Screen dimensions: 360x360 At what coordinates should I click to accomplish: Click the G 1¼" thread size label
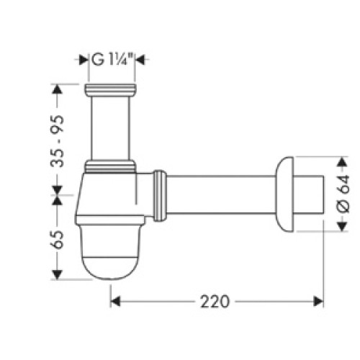112,60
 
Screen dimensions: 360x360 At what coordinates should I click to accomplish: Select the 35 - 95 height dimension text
58,141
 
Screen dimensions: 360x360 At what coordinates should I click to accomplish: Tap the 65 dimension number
57,240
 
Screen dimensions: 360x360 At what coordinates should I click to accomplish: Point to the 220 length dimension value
215,302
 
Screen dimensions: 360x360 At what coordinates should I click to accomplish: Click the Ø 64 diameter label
343,194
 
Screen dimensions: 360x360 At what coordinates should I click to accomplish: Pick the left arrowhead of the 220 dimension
115,302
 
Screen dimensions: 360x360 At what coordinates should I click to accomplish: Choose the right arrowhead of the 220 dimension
318,302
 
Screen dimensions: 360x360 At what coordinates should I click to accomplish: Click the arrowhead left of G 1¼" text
84,60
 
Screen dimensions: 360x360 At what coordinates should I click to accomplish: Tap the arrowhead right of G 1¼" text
140,60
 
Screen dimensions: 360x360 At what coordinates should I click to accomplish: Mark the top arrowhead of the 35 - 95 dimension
57,89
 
